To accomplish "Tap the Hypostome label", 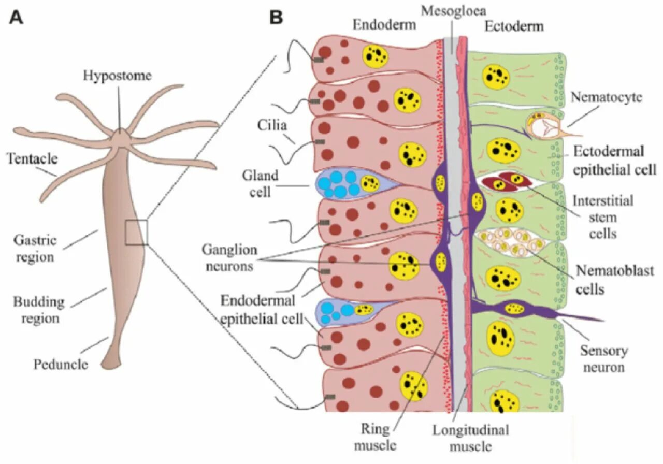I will click(x=118, y=76).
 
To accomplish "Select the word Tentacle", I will click(x=32, y=159).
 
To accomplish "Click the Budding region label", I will click(x=39, y=309).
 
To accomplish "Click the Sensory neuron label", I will click(x=603, y=359).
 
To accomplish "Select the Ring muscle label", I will click(x=379, y=437).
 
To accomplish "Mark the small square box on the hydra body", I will click(x=136, y=232).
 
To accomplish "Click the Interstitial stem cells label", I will click(x=603, y=216).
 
